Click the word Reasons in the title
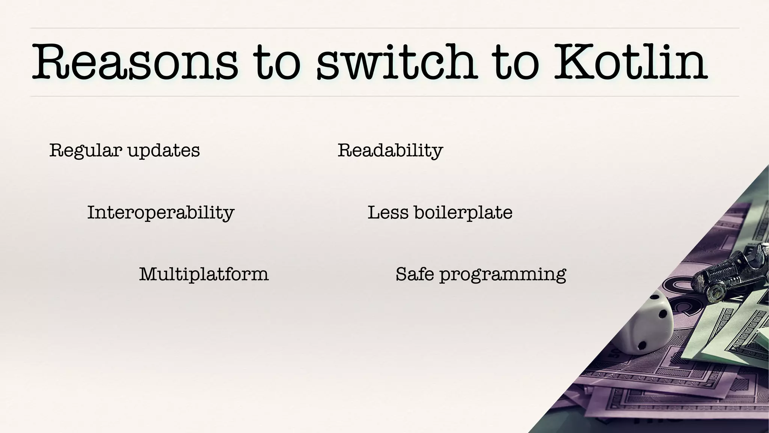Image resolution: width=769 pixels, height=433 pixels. pyautogui.click(x=135, y=62)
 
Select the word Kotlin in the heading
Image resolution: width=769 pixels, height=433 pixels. pyautogui.click(x=631, y=62)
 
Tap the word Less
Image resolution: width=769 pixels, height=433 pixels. pyautogui.click(x=388, y=213)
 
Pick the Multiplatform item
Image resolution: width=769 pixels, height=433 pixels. pyautogui.click(x=204, y=274)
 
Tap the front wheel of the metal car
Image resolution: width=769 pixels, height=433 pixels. pyautogui.click(x=716, y=291)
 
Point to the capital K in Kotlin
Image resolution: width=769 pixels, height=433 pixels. pyautogui.click(x=575, y=62)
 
